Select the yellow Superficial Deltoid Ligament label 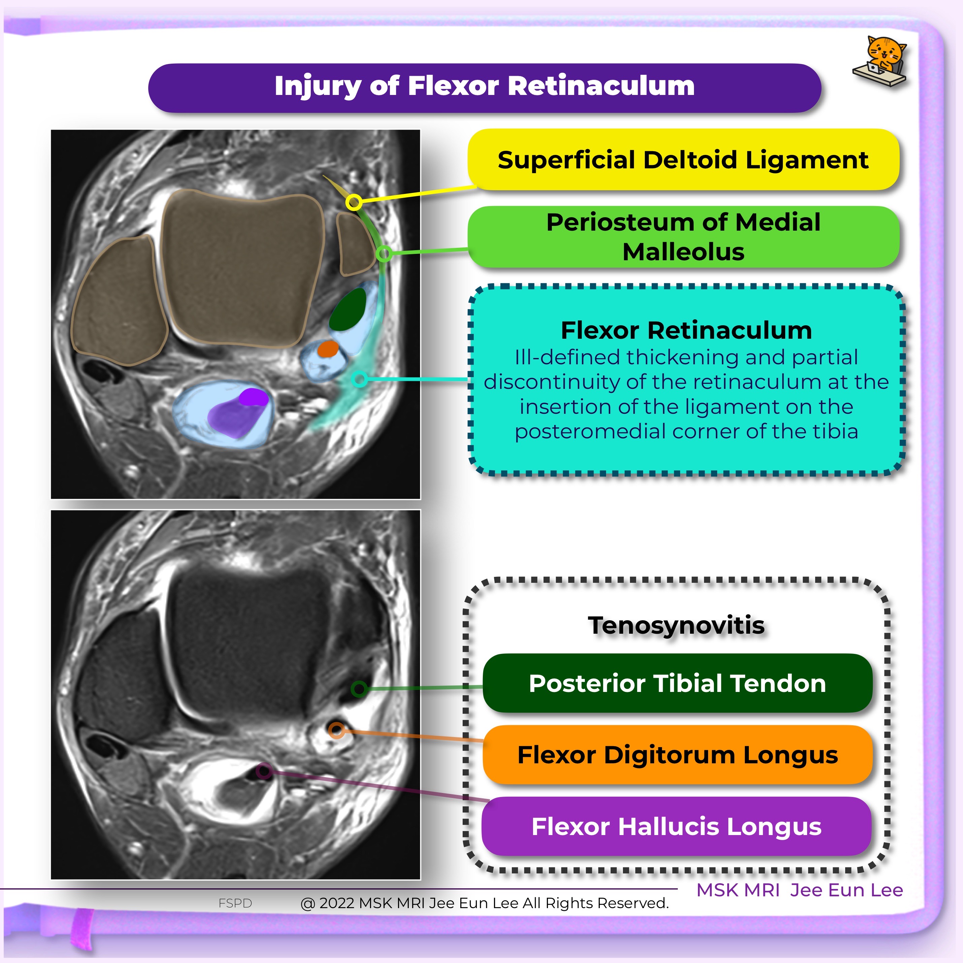pyautogui.click(x=683, y=160)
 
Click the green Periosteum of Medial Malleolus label pyautogui.click(x=683, y=237)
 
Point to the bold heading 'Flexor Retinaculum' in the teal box pyautogui.click(x=686, y=330)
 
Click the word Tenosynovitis pyautogui.click(x=676, y=625)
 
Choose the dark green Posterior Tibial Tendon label pyautogui.click(x=677, y=683)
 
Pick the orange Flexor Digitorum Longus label pyautogui.click(x=677, y=755)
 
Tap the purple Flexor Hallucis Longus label pyautogui.click(x=676, y=826)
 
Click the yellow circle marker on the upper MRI pyautogui.click(x=354, y=202)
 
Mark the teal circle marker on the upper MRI pyautogui.click(x=359, y=379)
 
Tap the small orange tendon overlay pyautogui.click(x=328, y=349)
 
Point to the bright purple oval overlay pyautogui.click(x=253, y=397)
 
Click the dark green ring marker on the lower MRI pyautogui.click(x=359, y=689)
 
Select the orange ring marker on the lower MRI pyautogui.click(x=337, y=731)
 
